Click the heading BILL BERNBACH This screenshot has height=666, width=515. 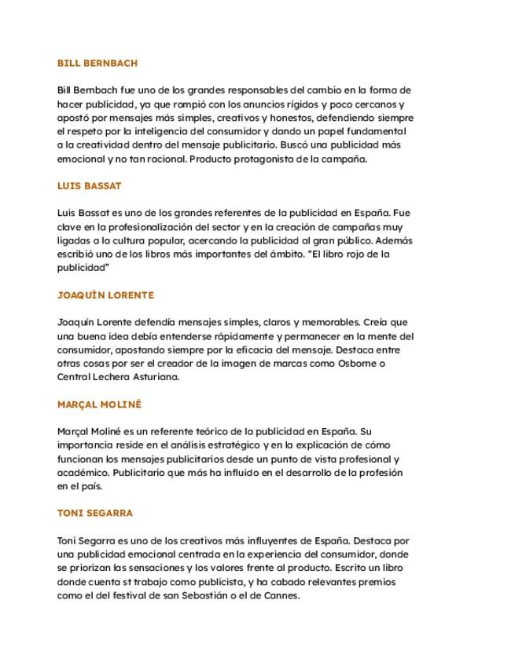pyautogui.click(x=97, y=63)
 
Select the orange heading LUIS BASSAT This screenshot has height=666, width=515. pyautogui.click(x=90, y=186)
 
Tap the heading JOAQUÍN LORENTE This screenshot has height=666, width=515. pyautogui.click(x=105, y=295)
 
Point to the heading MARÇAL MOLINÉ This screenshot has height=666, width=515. pyautogui.click(x=99, y=404)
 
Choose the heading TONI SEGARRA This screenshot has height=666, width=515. pyautogui.click(x=95, y=513)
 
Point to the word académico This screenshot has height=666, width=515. pyautogui.click(x=83, y=472)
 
